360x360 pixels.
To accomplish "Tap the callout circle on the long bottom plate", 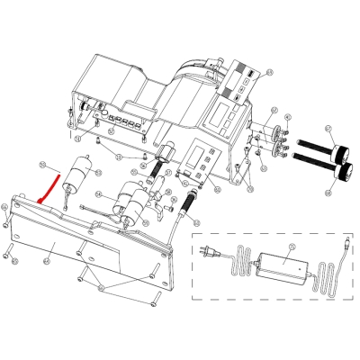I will (45, 262).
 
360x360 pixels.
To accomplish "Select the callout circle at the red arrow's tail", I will (42, 163).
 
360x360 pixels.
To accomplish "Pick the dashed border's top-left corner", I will (193, 234).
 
